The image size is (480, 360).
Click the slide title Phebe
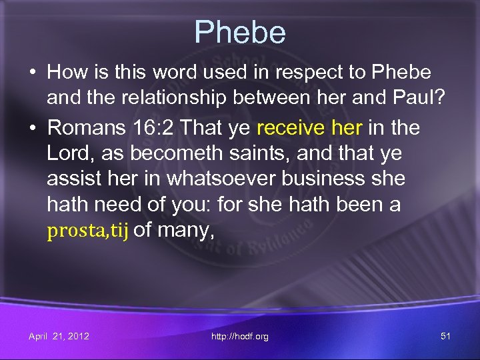tap(240, 31)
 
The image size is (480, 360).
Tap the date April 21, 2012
tap(59, 336)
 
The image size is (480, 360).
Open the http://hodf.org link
tap(240, 336)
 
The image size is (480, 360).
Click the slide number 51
tap(445, 336)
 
